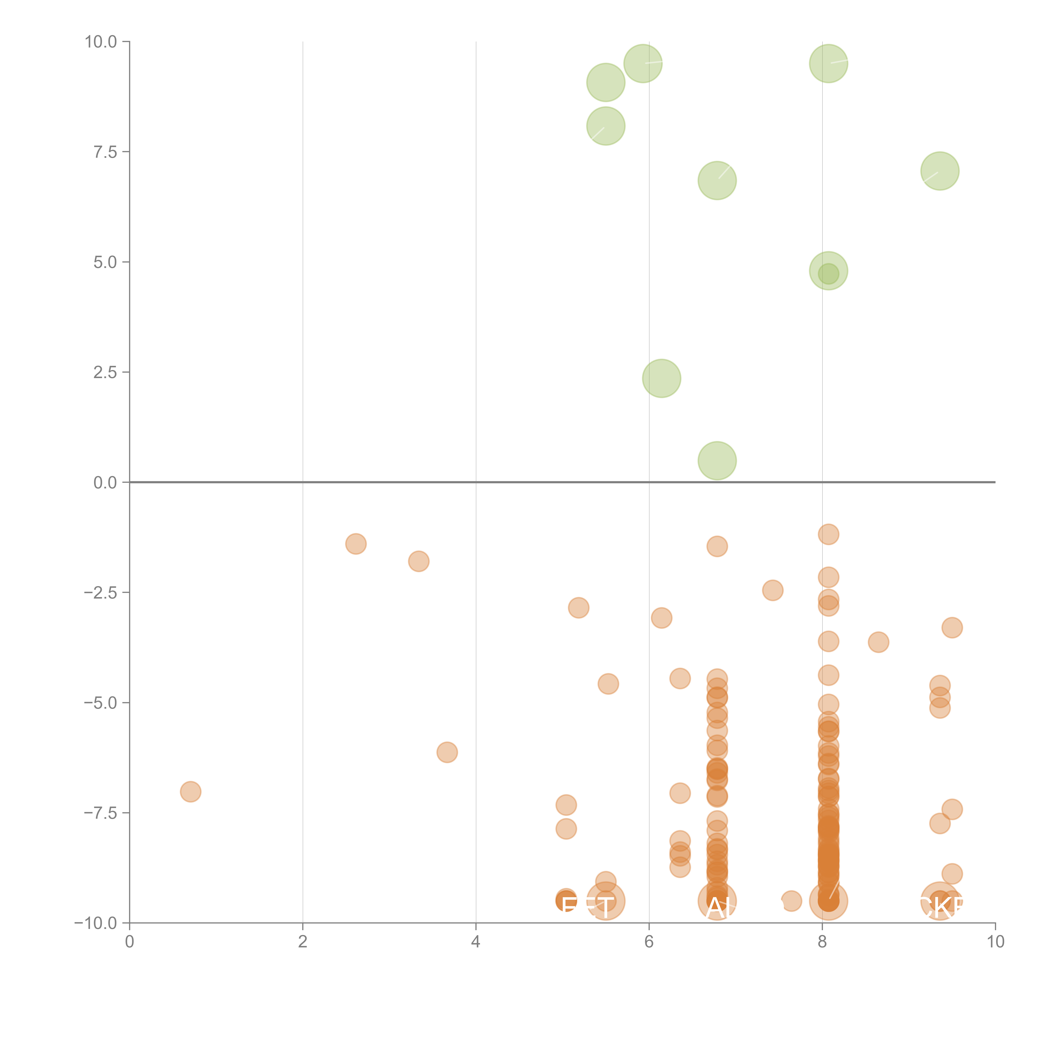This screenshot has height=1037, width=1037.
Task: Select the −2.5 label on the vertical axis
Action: pyautogui.click(x=100, y=593)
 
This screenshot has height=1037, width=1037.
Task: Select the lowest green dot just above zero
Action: pyautogui.click(x=717, y=460)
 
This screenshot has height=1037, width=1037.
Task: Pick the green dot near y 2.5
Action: pyautogui.click(x=661, y=379)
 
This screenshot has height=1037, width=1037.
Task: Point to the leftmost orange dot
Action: pyautogui.click(x=191, y=792)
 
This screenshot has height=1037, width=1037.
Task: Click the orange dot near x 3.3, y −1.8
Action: pyautogui.click(x=419, y=561)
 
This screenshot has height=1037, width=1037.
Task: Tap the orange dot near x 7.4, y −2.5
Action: pyautogui.click(x=772, y=590)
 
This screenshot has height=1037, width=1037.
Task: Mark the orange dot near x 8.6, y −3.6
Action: pyautogui.click(x=878, y=642)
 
